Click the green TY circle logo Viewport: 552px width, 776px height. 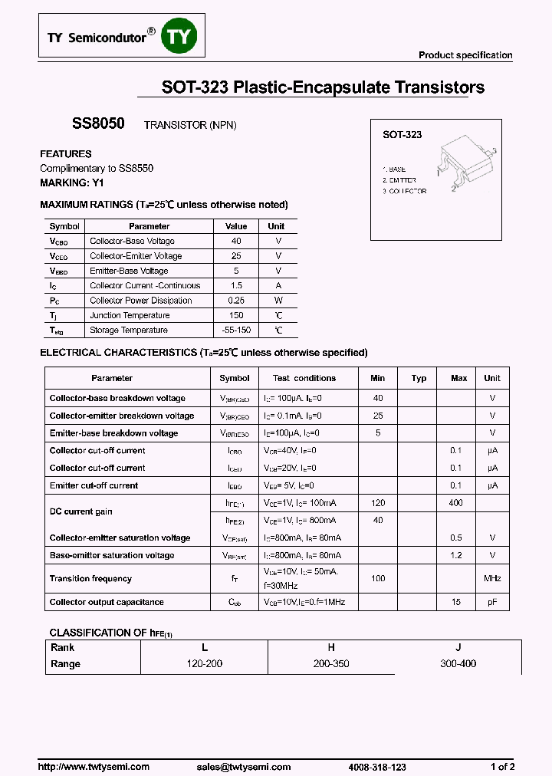coord(179,36)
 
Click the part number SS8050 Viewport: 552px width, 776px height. coord(93,123)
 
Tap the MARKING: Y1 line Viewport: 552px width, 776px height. coord(71,182)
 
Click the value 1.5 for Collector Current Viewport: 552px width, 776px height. coord(236,285)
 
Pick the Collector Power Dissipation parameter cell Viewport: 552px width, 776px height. coord(140,301)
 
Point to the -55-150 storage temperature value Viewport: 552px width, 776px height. coord(236,330)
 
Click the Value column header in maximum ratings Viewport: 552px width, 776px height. coord(236,226)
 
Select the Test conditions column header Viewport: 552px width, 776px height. coord(304,378)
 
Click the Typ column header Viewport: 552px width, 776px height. coord(419,378)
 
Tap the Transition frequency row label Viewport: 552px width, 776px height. coord(90,578)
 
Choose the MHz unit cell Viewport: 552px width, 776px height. coord(492,578)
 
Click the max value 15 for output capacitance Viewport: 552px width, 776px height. coord(456,602)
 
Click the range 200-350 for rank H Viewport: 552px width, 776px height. coord(331,663)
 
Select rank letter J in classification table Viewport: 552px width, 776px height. coord(458,647)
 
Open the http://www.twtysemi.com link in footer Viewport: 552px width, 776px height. coord(94,767)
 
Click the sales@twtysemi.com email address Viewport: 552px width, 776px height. coord(244,767)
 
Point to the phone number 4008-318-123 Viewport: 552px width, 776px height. coord(376,767)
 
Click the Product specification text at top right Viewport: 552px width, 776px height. coord(465,55)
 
